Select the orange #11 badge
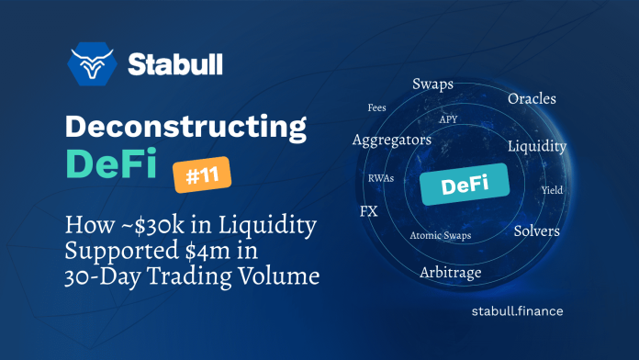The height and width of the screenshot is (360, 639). point(201,174)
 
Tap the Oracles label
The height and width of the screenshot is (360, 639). point(532,97)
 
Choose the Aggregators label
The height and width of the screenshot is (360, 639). point(392,140)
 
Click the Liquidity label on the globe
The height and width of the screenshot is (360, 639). point(536,146)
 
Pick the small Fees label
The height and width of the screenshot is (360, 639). point(376,107)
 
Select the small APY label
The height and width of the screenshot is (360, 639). point(448,119)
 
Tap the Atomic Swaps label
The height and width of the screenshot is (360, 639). point(439,234)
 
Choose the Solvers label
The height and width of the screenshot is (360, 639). point(536,231)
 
